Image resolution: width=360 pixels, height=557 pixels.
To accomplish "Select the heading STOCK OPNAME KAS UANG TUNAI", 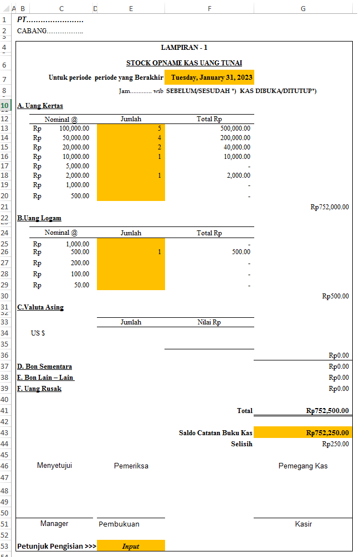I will [x=184, y=63].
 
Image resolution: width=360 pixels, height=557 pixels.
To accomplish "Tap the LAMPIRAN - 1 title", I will [x=184, y=48].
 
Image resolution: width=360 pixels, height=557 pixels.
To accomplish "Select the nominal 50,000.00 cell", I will [x=75, y=137].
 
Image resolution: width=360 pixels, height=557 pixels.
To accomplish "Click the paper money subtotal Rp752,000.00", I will [x=330, y=207].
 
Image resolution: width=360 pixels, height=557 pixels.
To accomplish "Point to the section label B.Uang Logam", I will [x=39, y=218].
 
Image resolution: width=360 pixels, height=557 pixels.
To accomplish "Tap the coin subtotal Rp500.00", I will [x=336, y=296].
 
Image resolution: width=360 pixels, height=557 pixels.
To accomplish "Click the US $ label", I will [x=38, y=333].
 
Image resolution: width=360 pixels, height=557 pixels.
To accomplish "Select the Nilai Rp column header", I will [x=209, y=322].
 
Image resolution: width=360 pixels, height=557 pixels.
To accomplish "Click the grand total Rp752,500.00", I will [x=327, y=411].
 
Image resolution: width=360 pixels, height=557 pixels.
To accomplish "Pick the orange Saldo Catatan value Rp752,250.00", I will [x=327, y=433].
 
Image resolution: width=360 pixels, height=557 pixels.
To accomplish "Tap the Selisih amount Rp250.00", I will [x=336, y=443].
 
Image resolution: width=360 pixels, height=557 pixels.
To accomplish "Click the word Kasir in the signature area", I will [x=303, y=524].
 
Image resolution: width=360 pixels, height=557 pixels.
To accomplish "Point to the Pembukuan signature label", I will [x=119, y=524].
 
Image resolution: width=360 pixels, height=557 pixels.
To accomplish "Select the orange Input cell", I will [x=131, y=546].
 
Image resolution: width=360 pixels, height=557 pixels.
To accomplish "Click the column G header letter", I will [x=303, y=9].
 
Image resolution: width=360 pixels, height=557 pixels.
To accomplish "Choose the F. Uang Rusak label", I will [x=39, y=389].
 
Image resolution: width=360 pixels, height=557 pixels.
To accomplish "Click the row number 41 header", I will [x=5, y=411].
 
